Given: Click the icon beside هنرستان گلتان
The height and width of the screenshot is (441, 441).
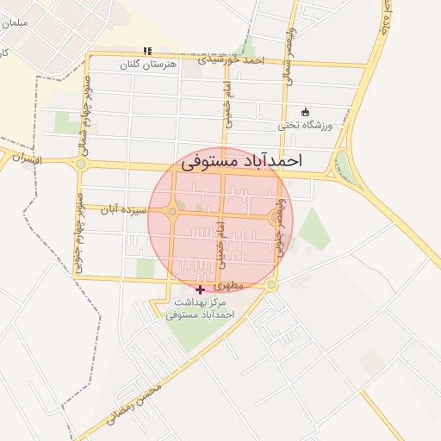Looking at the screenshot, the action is pos(147,51).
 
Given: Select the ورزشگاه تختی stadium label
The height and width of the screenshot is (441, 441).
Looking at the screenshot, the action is pos(304,125).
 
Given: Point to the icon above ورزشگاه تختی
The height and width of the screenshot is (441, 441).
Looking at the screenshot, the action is pos(304,112).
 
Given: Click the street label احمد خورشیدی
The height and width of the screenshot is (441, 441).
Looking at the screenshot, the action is pos(229,60).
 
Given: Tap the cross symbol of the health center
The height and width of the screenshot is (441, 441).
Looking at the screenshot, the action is pos(202,290).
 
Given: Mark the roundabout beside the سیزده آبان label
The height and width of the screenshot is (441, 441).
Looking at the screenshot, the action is pos(173,211).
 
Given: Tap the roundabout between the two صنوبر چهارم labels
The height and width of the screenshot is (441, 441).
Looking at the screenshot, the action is pos(81,164).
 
